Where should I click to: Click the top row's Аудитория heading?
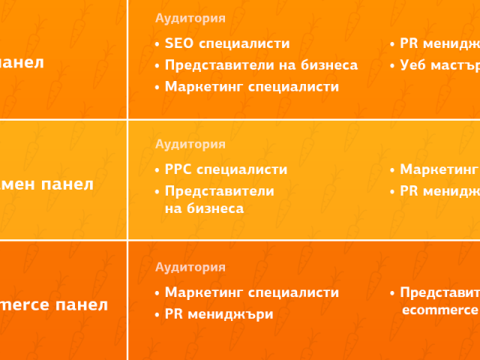pos(190,18)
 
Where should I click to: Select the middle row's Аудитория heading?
pos(190,144)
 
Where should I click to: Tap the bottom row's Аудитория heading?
pos(190,267)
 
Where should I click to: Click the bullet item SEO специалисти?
pos(226,44)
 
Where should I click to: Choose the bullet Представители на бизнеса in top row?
pos(261,65)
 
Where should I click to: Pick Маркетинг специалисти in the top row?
pos(251,87)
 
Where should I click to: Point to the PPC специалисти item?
pos(226,169)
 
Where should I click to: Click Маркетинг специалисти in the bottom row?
pos(251,292)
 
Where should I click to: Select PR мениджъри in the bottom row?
pos(219,314)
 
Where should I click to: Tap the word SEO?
pos(178,44)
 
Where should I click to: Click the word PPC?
pos(178,169)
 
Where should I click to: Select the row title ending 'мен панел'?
pos(47,184)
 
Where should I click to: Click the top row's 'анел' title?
pos(22,62)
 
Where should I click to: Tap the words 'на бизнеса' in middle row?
pos(204,208)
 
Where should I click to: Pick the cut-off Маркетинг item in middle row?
pos(439,169)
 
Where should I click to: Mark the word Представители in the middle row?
pos(219,191)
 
